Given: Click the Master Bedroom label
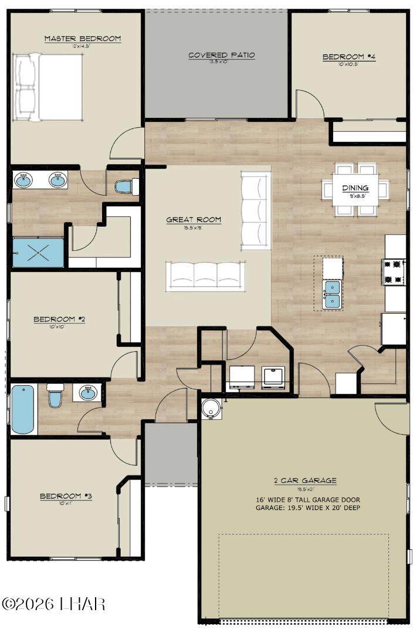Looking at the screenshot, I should click(83, 39).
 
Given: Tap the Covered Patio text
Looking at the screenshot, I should click(221, 55).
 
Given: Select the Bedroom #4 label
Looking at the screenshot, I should click(348, 57).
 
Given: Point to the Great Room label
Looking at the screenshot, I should click(194, 220).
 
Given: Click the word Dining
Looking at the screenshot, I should click(355, 188).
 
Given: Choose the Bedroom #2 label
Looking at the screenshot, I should click(59, 319).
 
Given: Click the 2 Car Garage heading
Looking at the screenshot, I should click(305, 481).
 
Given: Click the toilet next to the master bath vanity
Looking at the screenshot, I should click(126, 186).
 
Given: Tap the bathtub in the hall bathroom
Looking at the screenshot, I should click(23, 408).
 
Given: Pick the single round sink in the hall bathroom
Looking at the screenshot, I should click(87, 393).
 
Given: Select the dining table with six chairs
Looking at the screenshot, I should click(355, 188).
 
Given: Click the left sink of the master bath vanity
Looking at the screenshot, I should click(23, 180).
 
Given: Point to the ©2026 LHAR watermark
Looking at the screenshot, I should click(53, 603).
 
